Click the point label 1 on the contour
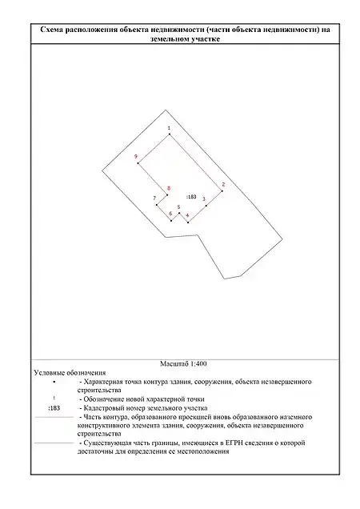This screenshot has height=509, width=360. pyautogui.click(x=169, y=128)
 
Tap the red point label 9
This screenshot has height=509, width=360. pyautogui.click(x=136, y=157)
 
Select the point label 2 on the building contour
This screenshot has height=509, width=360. pyautogui.click(x=223, y=185)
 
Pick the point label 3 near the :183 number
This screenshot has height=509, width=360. pyautogui.click(x=204, y=199)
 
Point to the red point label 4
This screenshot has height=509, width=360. pyautogui.click(x=187, y=215)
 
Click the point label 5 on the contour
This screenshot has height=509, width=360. pyautogui.click(x=178, y=206)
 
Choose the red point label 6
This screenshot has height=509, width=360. pyautogui.click(x=170, y=214)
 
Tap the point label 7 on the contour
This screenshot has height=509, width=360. pyautogui.click(x=154, y=198)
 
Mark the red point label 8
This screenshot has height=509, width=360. pyautogui.click(x=169, y=188)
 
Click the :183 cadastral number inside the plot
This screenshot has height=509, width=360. pyautogui.click(x=191, y=197)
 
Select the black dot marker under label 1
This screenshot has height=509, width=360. pyautogui.click(x=169, y=134)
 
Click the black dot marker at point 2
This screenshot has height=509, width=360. pyautogui.click(x=222, y=190)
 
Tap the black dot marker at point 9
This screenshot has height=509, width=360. pyautogui.click(x=138, y=163)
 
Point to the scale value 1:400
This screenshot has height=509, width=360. pyautogui.click(x=198, y=364)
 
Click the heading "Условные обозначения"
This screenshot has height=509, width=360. pyautogui.click(x=70, y=373)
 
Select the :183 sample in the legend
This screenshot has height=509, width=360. pyautogui.click(x=54, y=408)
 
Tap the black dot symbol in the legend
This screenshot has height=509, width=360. pyautogui.click(x=54, y=382)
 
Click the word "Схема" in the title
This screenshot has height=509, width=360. pyautogui.click(x=51, y=30)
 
